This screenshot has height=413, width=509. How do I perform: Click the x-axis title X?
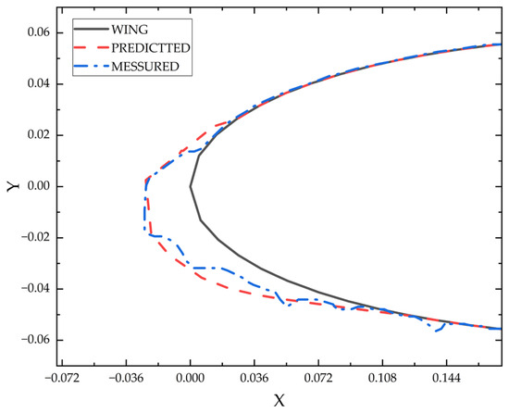pos(279,400)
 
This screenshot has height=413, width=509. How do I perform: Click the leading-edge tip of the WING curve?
pos(190,186)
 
